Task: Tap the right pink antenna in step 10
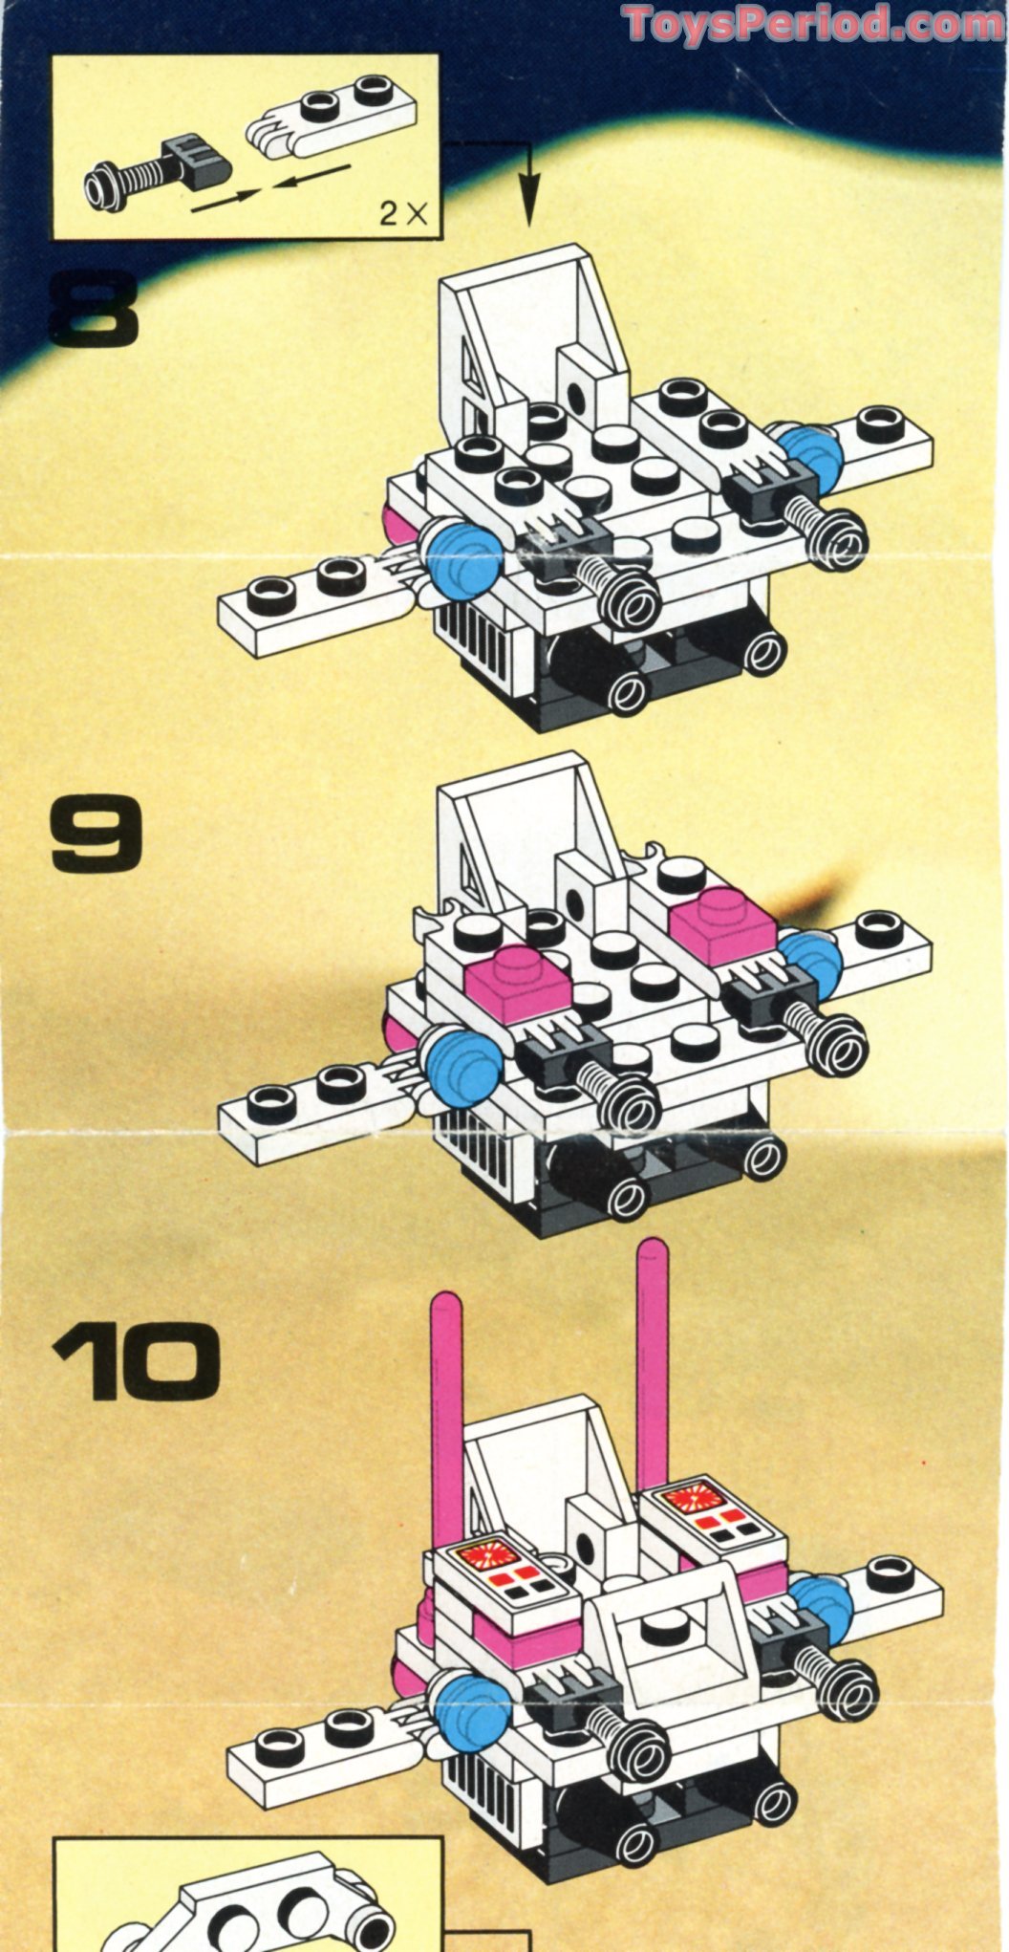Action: (x=653, y=1357)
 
